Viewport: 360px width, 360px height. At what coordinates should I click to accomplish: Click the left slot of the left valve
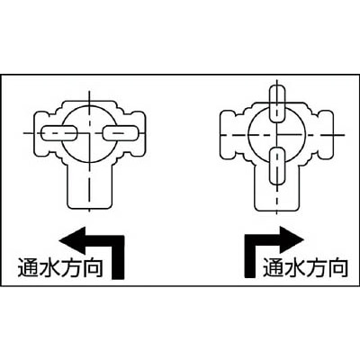pos(59,133)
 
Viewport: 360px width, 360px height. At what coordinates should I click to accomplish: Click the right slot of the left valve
pos(121,133)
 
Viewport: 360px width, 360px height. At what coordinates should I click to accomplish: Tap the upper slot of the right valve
pos(278,103)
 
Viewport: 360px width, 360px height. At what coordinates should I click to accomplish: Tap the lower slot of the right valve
pos(278,166)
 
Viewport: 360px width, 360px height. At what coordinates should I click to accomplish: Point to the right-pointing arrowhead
pos(292,240)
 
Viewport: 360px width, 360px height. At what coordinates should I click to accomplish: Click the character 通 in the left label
pos(29,267)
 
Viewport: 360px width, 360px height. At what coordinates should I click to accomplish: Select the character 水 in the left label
pos(49,267)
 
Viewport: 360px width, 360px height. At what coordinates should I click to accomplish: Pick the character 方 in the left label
pos(71,267)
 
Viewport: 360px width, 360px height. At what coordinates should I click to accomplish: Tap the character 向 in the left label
pos(93,267)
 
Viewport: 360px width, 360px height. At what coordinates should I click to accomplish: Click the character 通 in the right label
pos(274,267)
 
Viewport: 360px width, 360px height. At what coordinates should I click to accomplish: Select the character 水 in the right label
pos(295,267)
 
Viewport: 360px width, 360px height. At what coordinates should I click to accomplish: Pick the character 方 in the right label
pos(317,267)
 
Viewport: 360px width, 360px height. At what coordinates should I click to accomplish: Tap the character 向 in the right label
pos(337,267)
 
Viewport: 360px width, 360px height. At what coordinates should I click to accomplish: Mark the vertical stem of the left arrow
pos(117,256)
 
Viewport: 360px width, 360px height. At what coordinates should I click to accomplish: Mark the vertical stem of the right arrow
pos(251,256)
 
